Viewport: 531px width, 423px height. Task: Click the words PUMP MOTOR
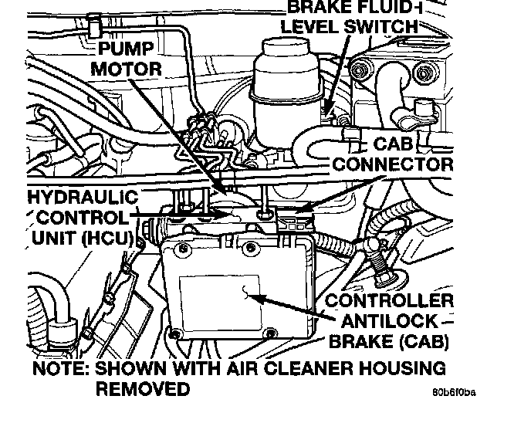(x=127, y=59)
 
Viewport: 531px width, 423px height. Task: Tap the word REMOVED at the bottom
(x=142, y=387)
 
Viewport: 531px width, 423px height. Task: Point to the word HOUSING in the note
(x=401, y=367)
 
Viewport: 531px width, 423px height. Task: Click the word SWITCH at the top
(x=384, y=26)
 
